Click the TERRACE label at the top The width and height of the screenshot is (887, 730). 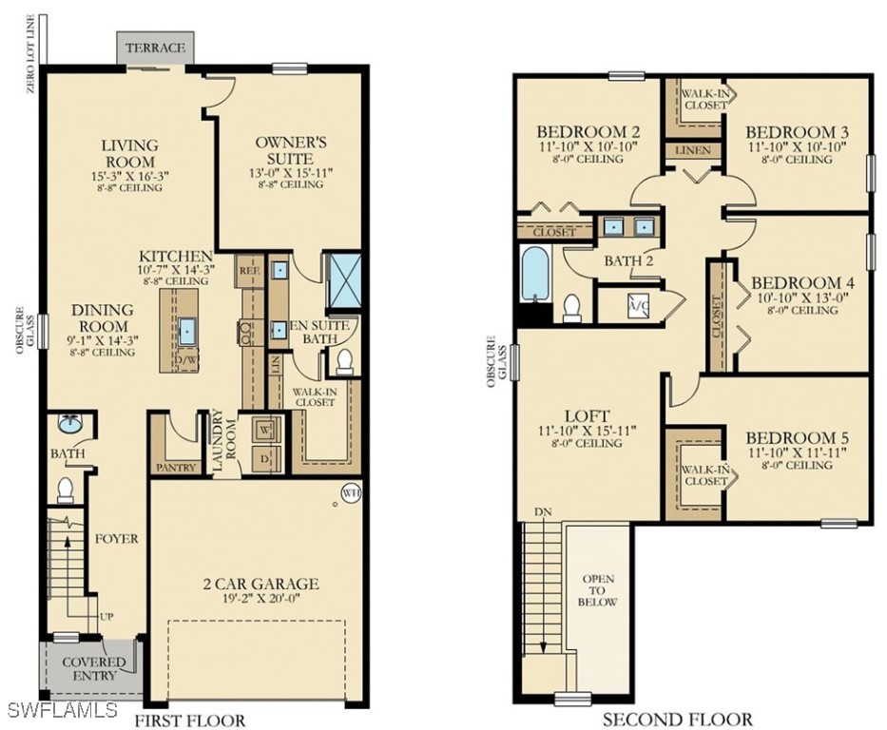156,48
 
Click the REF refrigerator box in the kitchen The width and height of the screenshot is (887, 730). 249,270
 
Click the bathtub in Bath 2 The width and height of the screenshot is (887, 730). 535,275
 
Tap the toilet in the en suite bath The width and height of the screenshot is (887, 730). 344,363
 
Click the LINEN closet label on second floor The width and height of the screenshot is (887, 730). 693,150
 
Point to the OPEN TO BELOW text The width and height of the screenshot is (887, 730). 598,590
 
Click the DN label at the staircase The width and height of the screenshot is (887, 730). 543,511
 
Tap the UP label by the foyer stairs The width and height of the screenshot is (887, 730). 106,616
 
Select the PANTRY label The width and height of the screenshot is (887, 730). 176,468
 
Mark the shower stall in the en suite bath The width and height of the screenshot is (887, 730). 343,281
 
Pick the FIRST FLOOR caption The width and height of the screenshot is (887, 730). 189,720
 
